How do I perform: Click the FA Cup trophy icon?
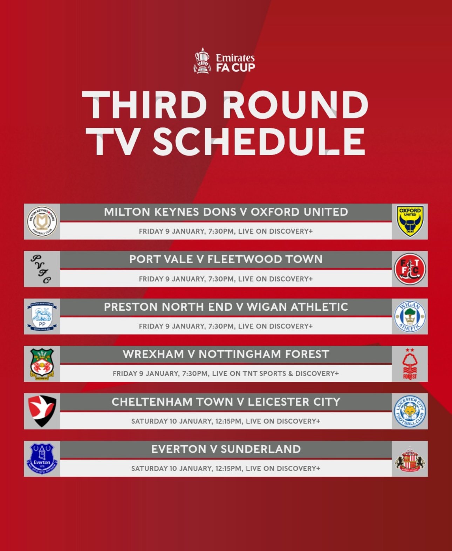[202, 61]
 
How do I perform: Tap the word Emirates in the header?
[235, 58]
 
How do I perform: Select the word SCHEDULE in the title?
[259, 142]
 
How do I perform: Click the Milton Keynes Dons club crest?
[42, 221]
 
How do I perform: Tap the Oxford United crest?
[410, 221]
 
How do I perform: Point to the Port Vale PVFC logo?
[41, 269]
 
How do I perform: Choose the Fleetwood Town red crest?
[410, 269]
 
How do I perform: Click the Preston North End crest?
[42, 316]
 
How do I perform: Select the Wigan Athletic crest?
[410, 316]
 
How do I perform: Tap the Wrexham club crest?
[42, 364]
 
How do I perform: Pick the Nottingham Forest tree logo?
[410, 364]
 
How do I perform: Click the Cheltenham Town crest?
[42, 411]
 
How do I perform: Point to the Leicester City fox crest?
[410, 412]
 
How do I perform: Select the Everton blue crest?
[42, 459]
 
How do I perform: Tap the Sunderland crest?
[410, 459]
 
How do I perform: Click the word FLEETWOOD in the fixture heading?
[245, 259]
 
